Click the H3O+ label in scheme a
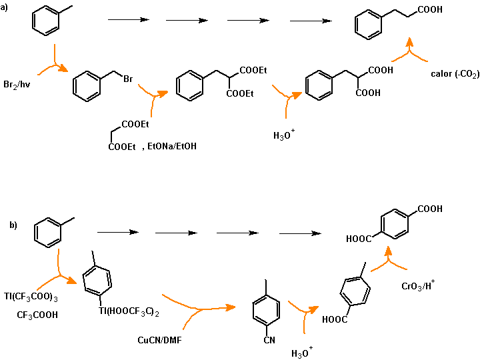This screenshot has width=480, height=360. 284,136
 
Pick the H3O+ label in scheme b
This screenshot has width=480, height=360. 302,353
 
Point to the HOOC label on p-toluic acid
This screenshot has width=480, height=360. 333,319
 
